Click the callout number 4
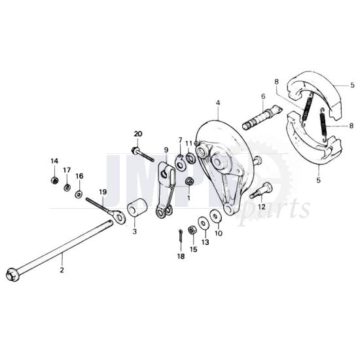(x=218, y=102)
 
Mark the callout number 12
(x=261, y=207)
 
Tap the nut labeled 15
(x=192, y=230)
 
